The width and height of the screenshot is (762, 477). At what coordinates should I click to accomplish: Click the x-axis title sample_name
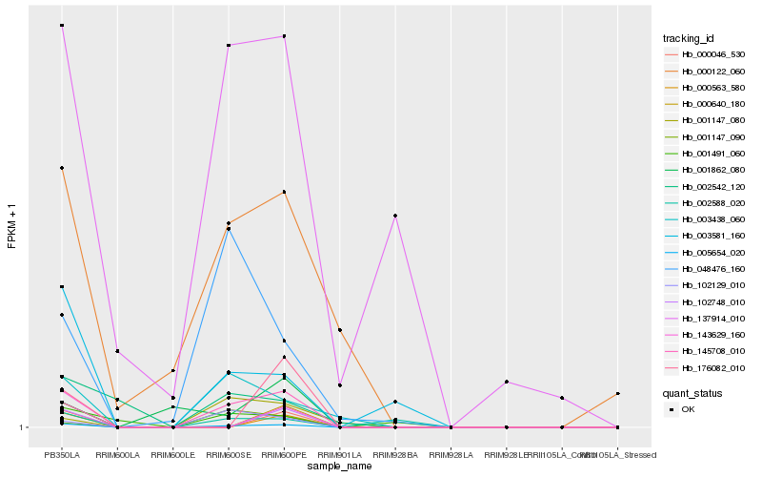pyautogui.click(x=340, y=466)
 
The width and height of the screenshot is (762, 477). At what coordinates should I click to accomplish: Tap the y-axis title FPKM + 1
pyautogui.click(x=12, y=225)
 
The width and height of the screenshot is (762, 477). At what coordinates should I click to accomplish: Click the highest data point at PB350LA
pyautogui.click(x=62, y=25)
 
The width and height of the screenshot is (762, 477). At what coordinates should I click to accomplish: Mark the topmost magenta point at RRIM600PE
pyautogui.click(x=285, y=36)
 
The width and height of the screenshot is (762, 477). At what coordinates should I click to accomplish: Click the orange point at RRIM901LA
pyautogui.click(x=340, y=330)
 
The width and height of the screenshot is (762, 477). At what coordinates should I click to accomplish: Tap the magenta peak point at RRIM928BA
pyautogui.click(x=395, y=216)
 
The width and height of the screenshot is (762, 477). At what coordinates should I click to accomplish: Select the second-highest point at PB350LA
pyautogui.click(x=62, y=168)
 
